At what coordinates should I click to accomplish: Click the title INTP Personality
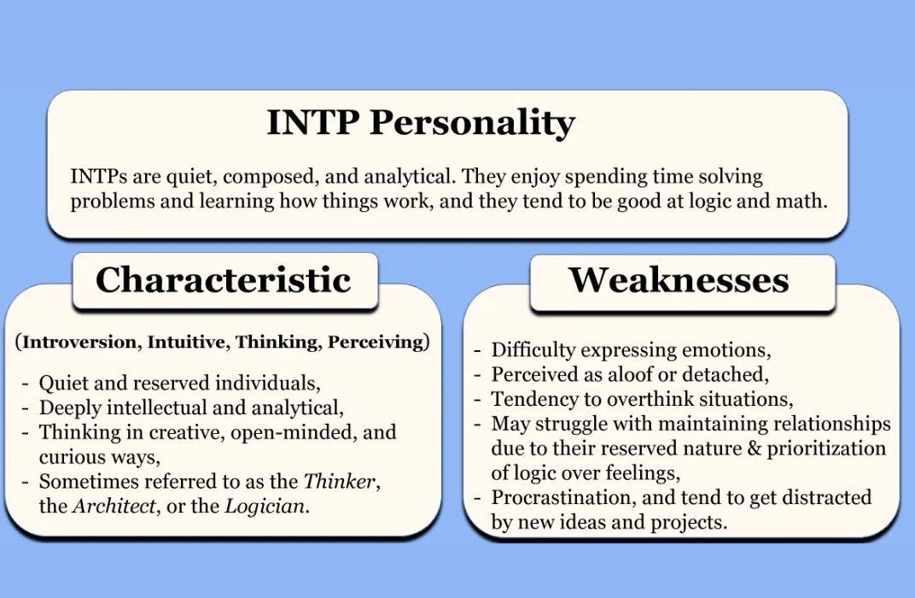click(x=420, y=122)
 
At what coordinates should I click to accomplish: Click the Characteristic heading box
click(x=224, y=280)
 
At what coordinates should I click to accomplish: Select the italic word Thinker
click(x=339, y=481)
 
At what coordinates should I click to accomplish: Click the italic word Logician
click(x=265, y=506)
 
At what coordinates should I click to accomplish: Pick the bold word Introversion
click(x=79, y=343)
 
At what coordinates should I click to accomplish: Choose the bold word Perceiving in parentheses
click(x=376, y=343)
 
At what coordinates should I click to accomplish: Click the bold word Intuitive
click(x=187, y=343)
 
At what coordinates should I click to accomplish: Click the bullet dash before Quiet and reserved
click(x=25, y=383)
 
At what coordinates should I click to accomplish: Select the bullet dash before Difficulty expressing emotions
click(x=478, y=350)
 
